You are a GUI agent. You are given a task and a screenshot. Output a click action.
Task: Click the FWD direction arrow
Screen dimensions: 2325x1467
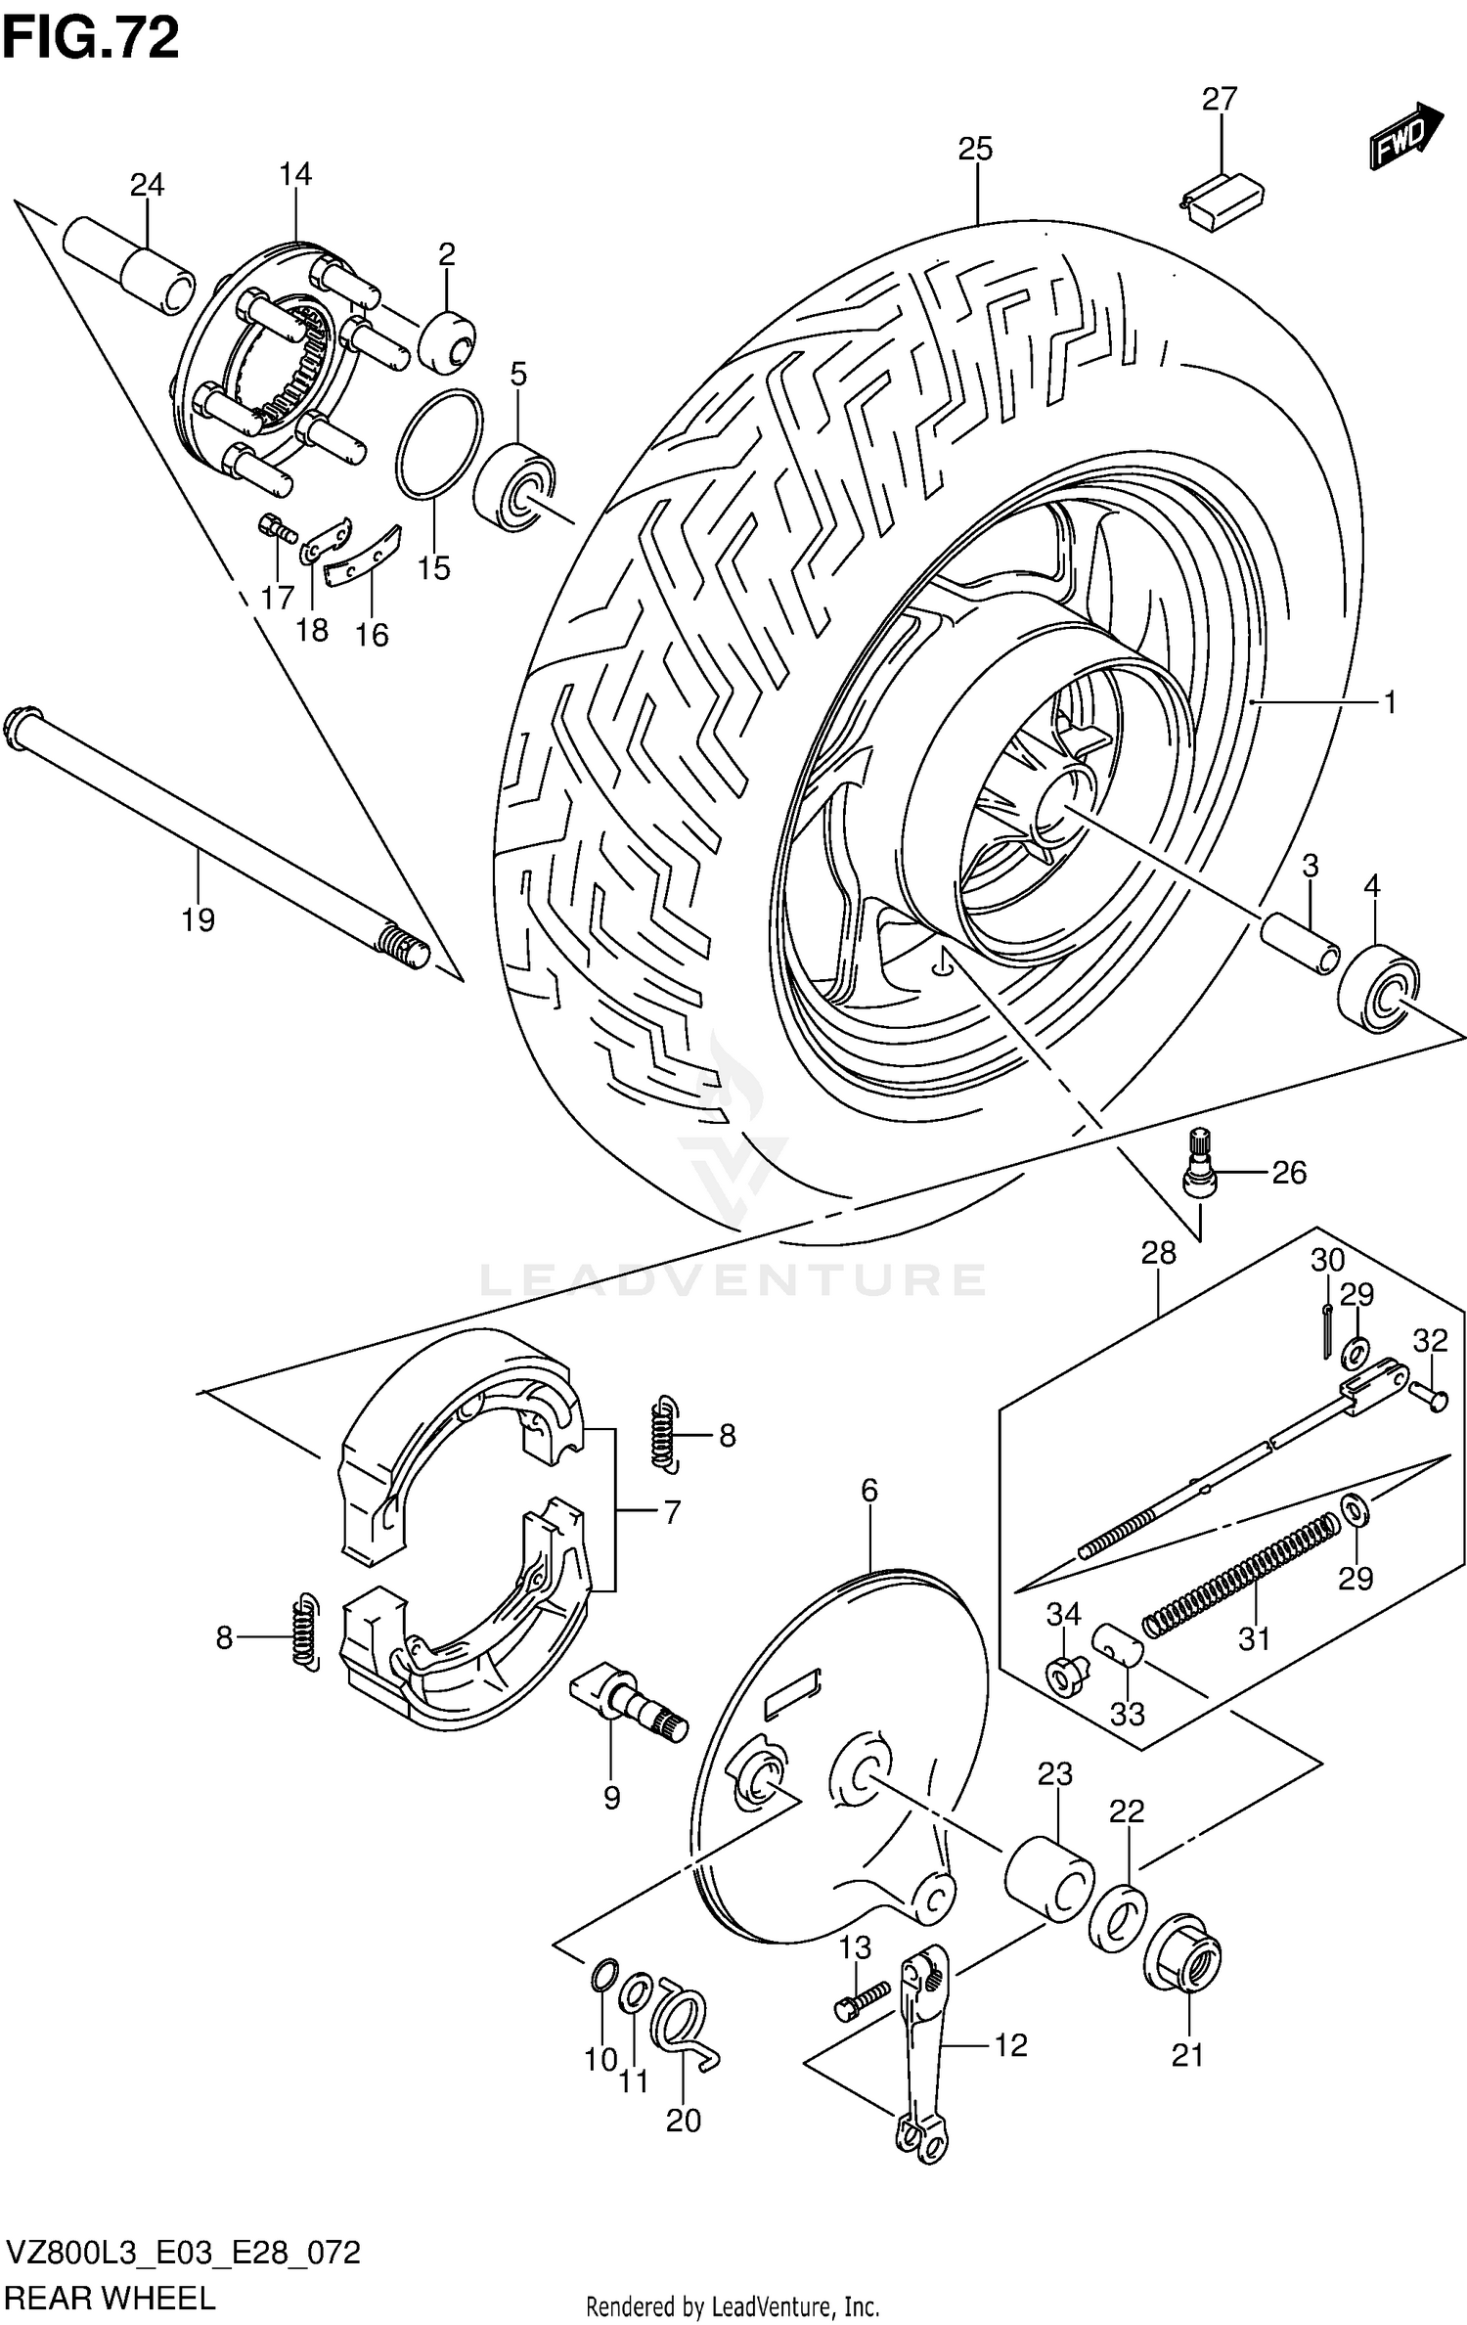coord(1405,137)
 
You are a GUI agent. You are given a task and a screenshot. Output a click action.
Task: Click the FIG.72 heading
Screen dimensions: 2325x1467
coord(91,39)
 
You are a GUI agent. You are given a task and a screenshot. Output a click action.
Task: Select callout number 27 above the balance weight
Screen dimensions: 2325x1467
coord(1220,100)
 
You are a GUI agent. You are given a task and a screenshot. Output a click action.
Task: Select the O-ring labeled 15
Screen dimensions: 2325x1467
coord(438,444)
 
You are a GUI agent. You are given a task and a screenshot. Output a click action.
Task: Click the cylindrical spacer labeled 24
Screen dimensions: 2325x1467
coord(128,265)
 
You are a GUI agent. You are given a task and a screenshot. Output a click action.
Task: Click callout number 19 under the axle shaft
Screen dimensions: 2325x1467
coord(198,919)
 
